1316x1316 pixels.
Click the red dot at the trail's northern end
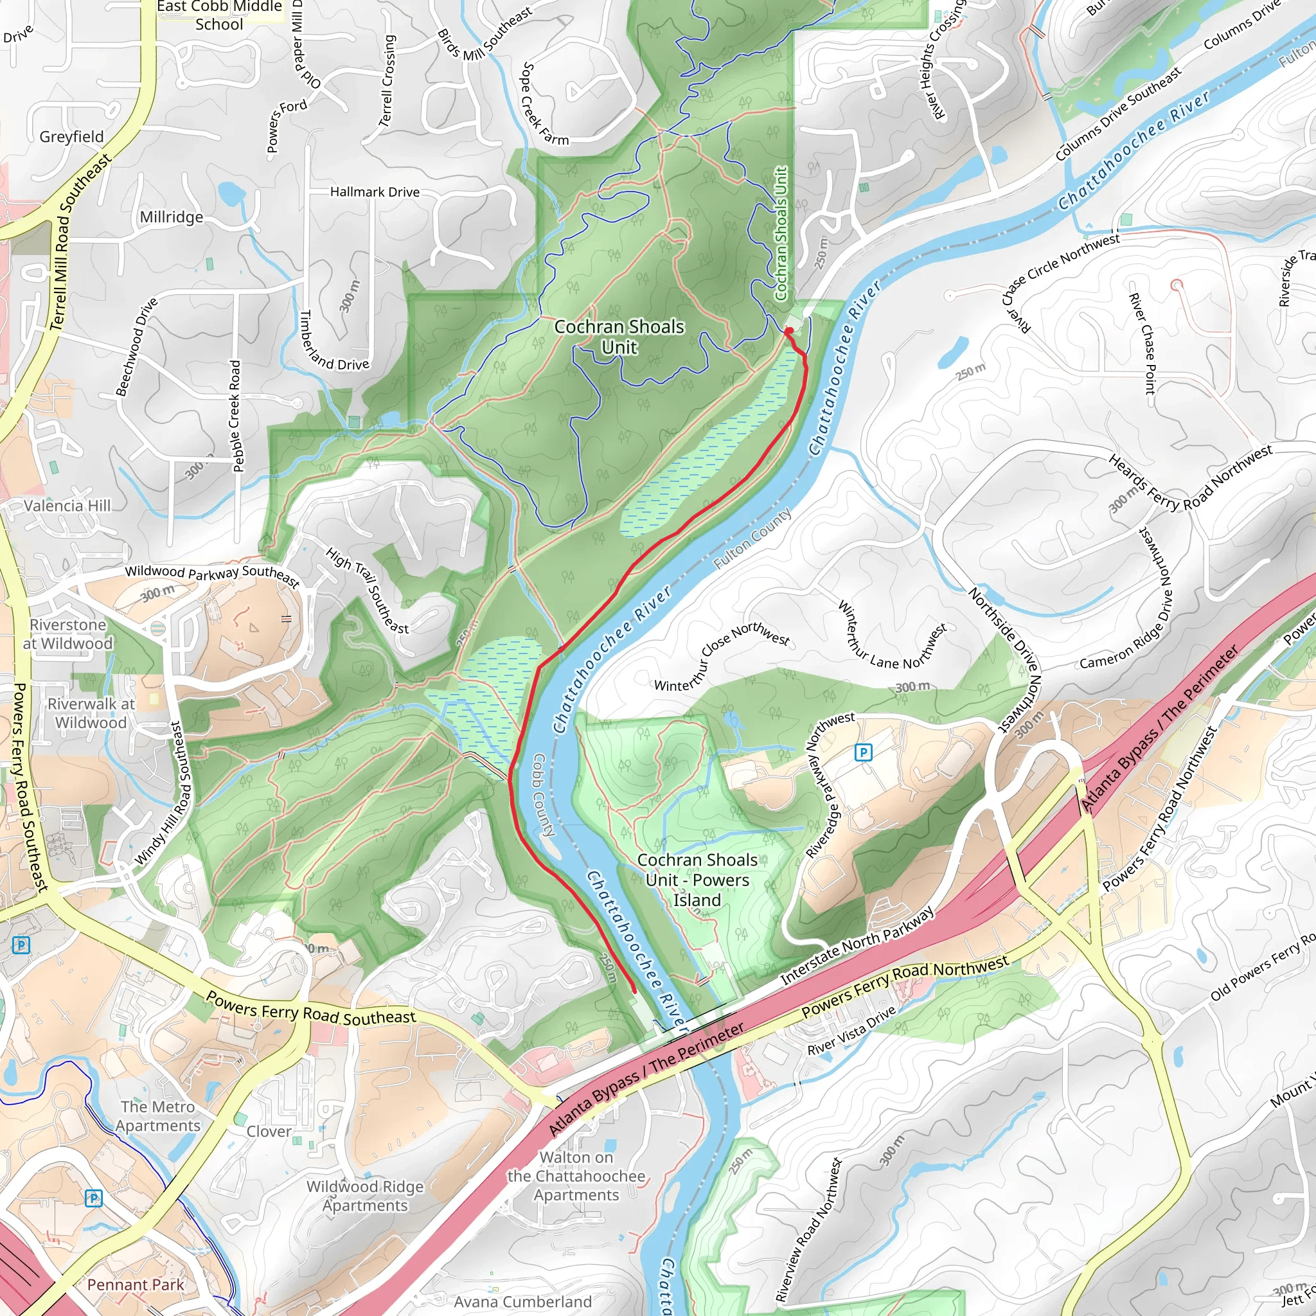click(788, 331)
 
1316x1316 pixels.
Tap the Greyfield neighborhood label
click(71, 137)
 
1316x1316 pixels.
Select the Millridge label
click(172, 217)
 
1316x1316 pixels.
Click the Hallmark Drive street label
click(375, 192)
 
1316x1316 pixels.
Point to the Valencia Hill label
click(67, 506)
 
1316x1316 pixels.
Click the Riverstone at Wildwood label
click(67, 634)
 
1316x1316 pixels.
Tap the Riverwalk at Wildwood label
click(91, 713)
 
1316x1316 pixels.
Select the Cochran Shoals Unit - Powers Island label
click(697, 880)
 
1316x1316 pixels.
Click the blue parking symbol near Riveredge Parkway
click(863, 752)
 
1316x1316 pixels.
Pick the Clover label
click(269, 1132)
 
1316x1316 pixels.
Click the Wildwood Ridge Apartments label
click(365, 1195)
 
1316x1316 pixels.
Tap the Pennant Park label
click(136, 1285)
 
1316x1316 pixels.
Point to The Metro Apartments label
click(158, 1116)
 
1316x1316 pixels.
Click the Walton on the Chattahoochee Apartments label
click(576, 1176)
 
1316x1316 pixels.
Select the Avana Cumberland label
click(522, 1302)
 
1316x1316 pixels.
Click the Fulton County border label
click(752, 538)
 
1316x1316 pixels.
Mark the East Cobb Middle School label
click(218, 15)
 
